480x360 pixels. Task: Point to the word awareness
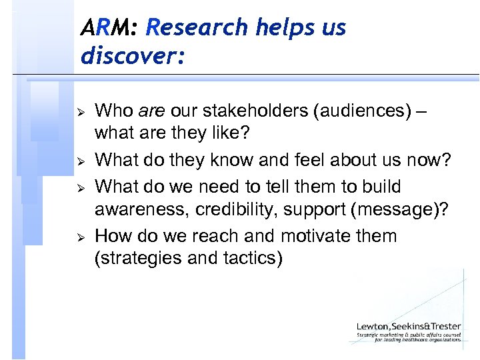pos(141,211)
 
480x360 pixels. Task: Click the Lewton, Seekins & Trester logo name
pos(409,326)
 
